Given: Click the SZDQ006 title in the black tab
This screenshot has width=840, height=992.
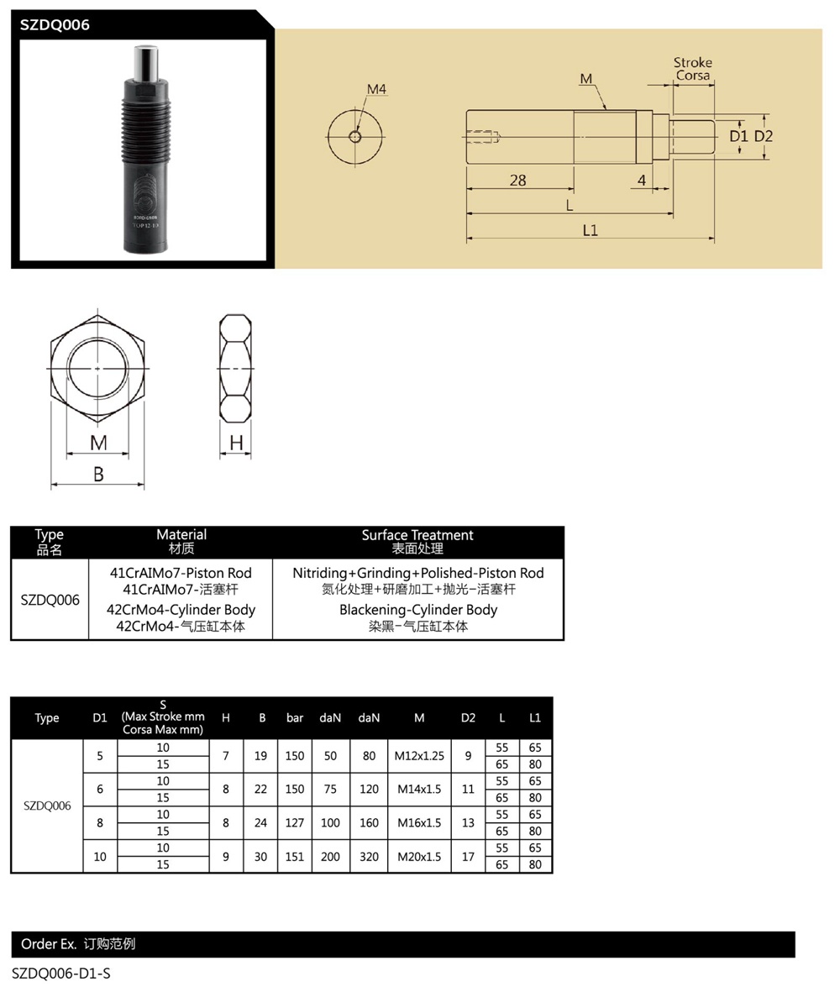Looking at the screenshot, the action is (55, 24).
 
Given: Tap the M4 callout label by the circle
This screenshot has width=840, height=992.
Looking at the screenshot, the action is (376, 89).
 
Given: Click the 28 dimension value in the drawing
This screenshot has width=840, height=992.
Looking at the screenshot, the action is (518, 181).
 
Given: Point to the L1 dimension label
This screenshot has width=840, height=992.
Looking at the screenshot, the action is (590, 230).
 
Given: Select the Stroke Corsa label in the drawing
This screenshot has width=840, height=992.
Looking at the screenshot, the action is (693, 69).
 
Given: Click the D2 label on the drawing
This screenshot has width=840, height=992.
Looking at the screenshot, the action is (764, 136).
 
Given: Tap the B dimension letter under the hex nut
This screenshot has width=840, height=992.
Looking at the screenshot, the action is (98, 474).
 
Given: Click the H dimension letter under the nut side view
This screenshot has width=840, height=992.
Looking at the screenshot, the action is (236, 443).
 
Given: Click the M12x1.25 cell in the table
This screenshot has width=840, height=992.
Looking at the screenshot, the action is (419, 756).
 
